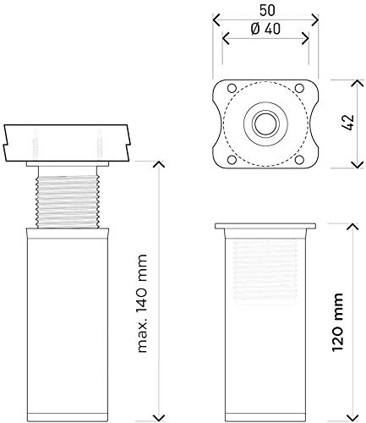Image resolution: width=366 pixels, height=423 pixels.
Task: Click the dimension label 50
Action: (x=267, y=11)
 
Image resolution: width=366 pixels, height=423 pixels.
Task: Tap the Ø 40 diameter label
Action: (x=265, y=29)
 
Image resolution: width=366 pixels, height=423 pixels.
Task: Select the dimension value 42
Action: (x=349, y=122)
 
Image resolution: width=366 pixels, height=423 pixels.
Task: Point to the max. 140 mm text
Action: (x=142, y=304)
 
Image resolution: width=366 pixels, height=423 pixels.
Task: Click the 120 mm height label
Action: (x=338, y=322)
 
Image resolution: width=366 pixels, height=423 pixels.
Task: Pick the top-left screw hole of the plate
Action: (x=232, y=88)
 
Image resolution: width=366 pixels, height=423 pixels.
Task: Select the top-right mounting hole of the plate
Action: (x=299, y=88)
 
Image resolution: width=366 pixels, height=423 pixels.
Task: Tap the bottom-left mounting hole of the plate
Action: (x=232, y=160)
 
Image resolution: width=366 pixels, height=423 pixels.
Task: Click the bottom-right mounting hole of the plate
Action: (x=299, y=160)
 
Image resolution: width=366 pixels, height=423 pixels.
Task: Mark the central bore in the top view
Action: (x=265, y=124)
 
